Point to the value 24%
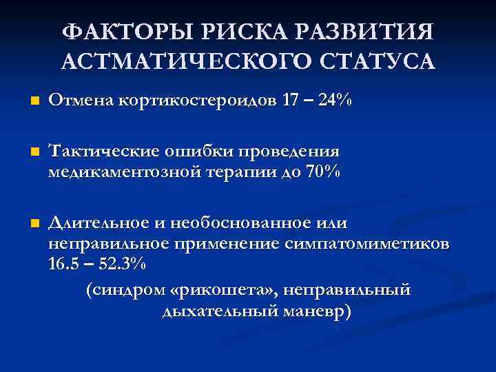333,101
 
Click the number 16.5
66,266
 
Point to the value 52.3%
121,266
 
